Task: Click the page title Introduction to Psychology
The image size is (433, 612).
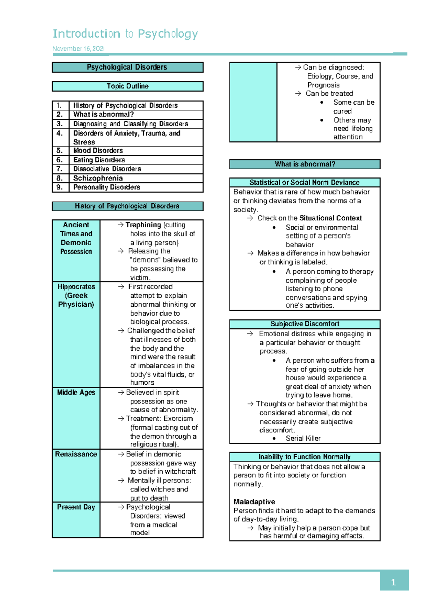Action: coord(125,34)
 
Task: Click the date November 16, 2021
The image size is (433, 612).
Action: coord(79,49)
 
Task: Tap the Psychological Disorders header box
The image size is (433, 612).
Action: coord(127,67)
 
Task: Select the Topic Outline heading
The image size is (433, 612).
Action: coord(127,86)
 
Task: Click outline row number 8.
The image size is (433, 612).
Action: coord(60,178)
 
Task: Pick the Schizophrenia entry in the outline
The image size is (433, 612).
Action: coord(98,178)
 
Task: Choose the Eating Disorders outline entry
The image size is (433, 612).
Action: coord(99,160)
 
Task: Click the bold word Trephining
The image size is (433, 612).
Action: coord(143,225)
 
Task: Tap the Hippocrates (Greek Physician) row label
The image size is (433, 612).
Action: coord(76,295)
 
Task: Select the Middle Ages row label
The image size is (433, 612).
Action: coord(76,392)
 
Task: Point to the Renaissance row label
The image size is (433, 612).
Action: coord(76,454)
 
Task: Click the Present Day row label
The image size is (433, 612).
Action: coord(76,507)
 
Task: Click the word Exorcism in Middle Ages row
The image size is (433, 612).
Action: coord(178,419)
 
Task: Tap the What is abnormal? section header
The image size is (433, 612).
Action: coord(305,164)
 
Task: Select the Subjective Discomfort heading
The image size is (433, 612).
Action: coord(305,324)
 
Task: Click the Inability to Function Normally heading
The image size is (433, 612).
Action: coord(305,457)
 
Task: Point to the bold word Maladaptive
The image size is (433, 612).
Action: coord(254,502)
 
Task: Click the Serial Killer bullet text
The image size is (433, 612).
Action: coord(303,438)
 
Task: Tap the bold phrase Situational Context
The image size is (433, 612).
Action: coord(331,218)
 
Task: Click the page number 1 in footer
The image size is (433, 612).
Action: coord(393,582)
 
